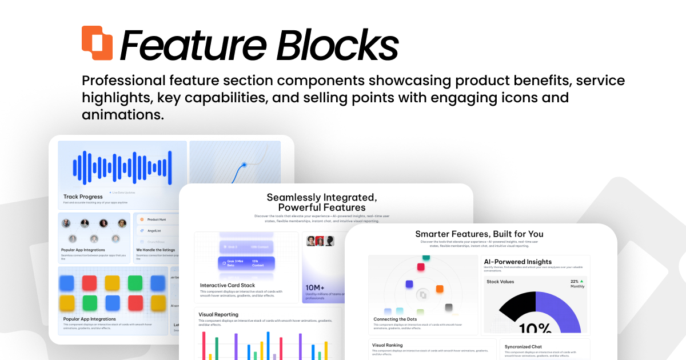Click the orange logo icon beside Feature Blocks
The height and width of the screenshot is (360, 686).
tap(97, 43)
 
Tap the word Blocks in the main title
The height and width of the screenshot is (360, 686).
tap(337, 44)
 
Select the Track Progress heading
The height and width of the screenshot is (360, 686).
tap(83, 197)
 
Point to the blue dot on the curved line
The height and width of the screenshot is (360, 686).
tap(244, 165)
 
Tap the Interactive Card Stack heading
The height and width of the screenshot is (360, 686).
tap(228, 285)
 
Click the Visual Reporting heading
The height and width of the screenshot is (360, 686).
tap(218, 314)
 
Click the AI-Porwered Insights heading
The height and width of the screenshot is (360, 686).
tap(517, 262)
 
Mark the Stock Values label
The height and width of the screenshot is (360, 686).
tap(500, 282)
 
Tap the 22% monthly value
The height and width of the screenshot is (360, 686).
tap(575, 282)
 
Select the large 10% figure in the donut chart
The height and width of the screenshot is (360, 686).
tap(536, 328)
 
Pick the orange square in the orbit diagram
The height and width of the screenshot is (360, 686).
tap(440, 289)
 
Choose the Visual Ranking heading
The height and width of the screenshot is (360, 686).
tap(387, 345)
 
